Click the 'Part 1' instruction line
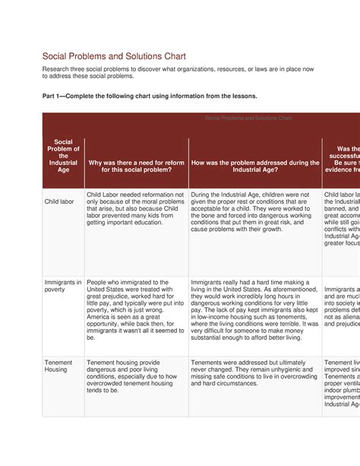pos(150,97)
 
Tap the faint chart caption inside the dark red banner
pos(248,118)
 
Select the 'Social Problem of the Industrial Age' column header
pos(63,156)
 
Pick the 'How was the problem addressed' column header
pos(255,166)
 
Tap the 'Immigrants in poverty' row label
pos(63,285)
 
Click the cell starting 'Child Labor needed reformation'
pos(135,209)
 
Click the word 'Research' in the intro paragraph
pos(58,69)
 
